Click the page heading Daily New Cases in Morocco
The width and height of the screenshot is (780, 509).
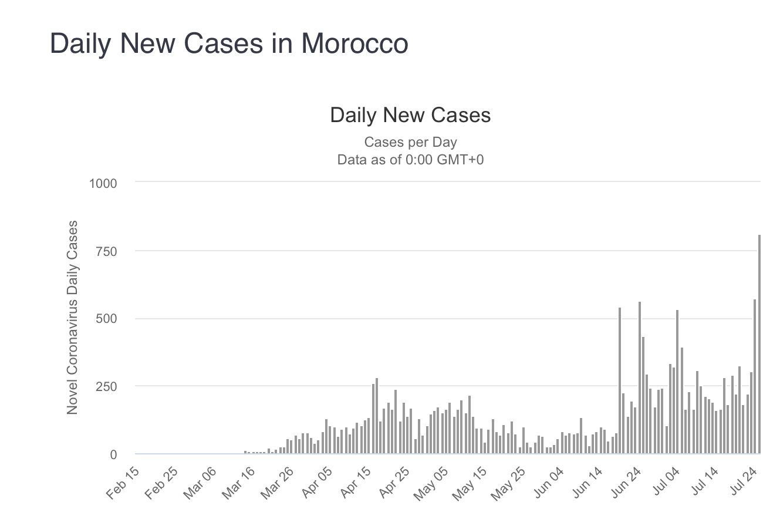[229, 44]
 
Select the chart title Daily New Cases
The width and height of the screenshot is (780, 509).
[410, 115]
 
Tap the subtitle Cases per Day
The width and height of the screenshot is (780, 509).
[410, 142]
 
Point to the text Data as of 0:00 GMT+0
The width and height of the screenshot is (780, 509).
[410, 160]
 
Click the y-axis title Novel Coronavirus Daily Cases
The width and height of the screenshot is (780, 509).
[73, 318]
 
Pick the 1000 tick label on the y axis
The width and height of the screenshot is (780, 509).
[103, 183]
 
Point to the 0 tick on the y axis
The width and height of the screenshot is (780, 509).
[113, 454]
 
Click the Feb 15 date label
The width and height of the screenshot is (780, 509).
[124, 484]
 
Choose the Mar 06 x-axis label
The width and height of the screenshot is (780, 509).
[201, 484]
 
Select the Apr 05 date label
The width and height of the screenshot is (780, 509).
[316, 484]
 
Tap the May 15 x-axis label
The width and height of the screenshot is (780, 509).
[471, 484]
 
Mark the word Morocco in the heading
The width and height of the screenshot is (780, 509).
[355, 44]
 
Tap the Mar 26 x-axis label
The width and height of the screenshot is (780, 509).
[278, 484]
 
